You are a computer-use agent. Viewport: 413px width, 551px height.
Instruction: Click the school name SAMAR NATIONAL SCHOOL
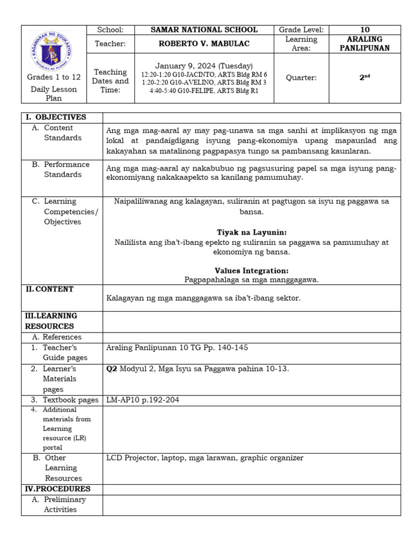(204, 30)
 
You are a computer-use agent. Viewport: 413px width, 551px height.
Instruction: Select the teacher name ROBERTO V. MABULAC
(204, 44)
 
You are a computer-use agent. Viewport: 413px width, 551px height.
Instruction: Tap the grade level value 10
(365, 30)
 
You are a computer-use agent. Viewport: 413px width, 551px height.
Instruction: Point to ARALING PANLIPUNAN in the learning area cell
(365, 44)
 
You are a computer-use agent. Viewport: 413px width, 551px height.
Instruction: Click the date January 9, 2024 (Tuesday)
(204, 66)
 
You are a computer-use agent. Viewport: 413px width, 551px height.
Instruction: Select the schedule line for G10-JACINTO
(204, 74)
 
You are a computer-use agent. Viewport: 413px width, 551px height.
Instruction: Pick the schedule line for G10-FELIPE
(204, 91)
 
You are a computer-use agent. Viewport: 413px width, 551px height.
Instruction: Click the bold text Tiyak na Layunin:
(252, 232)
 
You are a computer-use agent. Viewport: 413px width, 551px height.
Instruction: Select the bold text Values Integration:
(252, 271)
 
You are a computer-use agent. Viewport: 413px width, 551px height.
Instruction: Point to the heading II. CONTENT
(49, 289)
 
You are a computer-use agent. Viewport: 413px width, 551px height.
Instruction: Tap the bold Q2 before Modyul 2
(112, 369)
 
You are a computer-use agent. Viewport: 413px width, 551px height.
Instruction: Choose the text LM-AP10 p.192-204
(143, 400)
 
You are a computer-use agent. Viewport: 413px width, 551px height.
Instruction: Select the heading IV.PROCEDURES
(58, 489)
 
